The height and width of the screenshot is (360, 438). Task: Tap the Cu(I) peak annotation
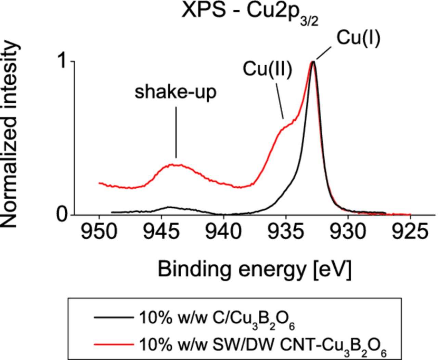coord(358,38)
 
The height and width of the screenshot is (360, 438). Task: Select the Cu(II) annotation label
coord(268,69)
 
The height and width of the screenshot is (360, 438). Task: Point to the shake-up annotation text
coord(176,92)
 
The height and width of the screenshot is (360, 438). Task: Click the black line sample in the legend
coord(114,318)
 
